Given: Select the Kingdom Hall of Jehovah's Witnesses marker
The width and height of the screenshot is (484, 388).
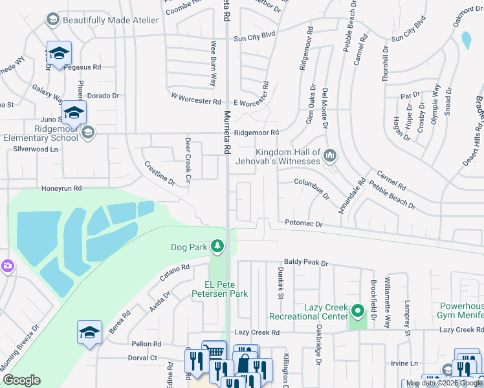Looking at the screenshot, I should [x=330, y=155].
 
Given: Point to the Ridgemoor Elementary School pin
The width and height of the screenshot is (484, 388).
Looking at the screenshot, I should [x=87, y=133].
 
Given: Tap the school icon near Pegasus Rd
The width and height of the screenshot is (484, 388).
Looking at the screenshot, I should [x=59, y=54].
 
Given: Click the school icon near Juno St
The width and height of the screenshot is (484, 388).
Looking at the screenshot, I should [x=74, y=114].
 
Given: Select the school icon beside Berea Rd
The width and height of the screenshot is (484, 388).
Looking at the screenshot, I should [x=89, y=333].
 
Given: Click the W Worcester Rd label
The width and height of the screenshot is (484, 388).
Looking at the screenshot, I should [x=196, y=101].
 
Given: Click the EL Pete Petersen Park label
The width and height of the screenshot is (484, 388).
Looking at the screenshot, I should [x=219, y=289].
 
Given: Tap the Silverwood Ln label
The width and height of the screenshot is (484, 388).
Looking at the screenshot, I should [x=36, y=149].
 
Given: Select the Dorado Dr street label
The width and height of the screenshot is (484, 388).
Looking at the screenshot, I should [x=104, y=96].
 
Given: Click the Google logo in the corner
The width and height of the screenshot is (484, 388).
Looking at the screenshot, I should [x=21, y=380].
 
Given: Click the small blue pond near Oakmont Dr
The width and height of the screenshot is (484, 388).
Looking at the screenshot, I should [x=465, y=40].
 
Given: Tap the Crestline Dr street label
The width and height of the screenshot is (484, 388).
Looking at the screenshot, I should [x=159, y=173].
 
